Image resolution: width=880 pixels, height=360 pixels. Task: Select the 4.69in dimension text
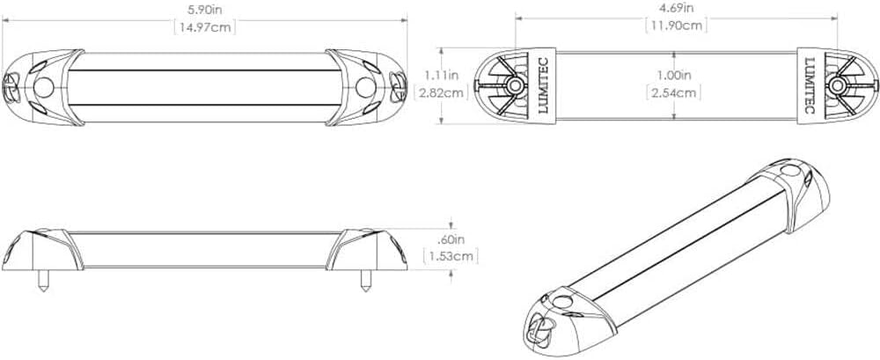[x=677, y=7]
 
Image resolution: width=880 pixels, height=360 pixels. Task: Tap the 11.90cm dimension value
[x=677, y=25]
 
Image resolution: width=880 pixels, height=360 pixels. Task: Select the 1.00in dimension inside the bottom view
[x=672, y=75]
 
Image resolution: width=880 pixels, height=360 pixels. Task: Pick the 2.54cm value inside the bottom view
[x=672, y=92]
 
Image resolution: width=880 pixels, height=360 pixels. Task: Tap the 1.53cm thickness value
[x=451, y=256]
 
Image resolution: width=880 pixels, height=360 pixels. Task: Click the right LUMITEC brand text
[x=810, y=84]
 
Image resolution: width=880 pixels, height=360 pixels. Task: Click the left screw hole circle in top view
[x=45, y=87]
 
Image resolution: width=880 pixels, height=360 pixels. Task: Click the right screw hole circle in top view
[x=366, y=87]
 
